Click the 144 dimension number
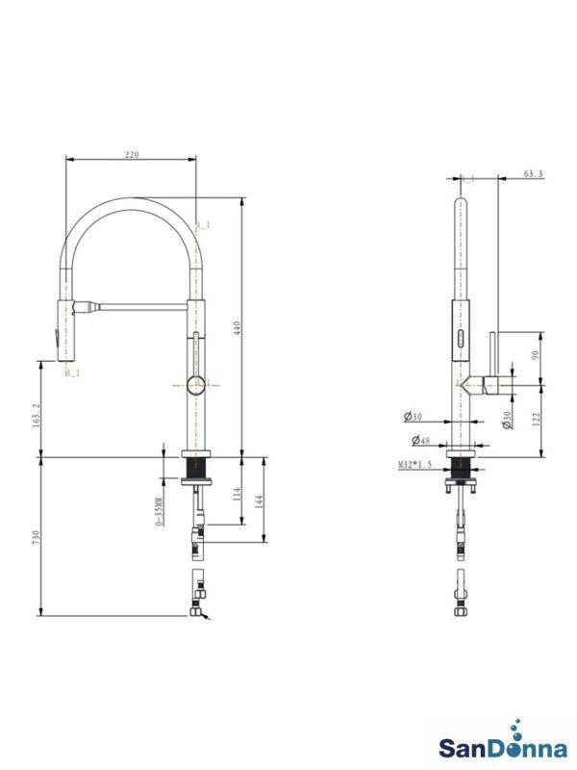click(x=261, y=500)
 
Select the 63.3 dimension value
click(x=534, y=174)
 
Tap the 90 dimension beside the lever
click(x=537, y=355)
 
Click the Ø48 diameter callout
click(x=419, y=441)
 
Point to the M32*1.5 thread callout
click(x=415, y=464)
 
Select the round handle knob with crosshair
click(x=195, y=385)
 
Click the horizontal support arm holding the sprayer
click(x=144, y=308)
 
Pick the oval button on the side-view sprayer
click(x=462, y=339)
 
